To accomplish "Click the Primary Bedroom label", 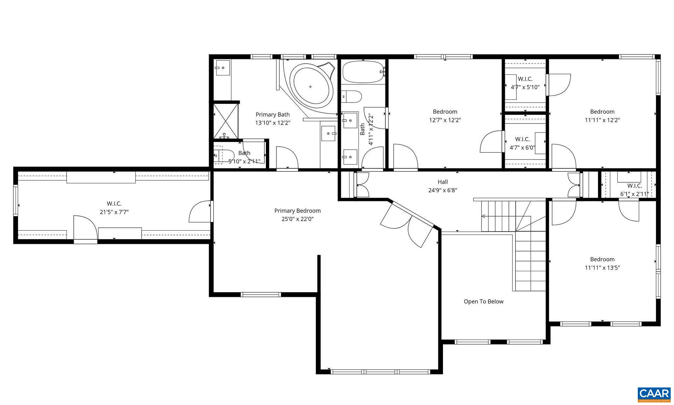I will click(297, 211).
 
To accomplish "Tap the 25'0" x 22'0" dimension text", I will click(297, 219).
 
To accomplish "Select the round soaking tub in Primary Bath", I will click(311, 86).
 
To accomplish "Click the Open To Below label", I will click(483, 302).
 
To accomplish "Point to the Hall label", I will click(443, 182).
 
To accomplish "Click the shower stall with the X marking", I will click(225, 121).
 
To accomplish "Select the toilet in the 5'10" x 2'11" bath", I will click(224, 155).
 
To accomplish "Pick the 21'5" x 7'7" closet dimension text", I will click(114, 212).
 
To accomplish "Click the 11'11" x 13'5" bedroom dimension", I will click(602, 268).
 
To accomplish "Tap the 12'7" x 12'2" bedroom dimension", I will click(445, 120).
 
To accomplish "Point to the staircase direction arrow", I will click(484, 216).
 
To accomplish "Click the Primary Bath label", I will click(272, 115).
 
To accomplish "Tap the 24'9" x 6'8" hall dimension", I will click(443, 190).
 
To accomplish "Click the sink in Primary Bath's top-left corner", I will click(223, 68).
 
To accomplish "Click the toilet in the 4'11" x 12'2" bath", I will click(352, 97).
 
